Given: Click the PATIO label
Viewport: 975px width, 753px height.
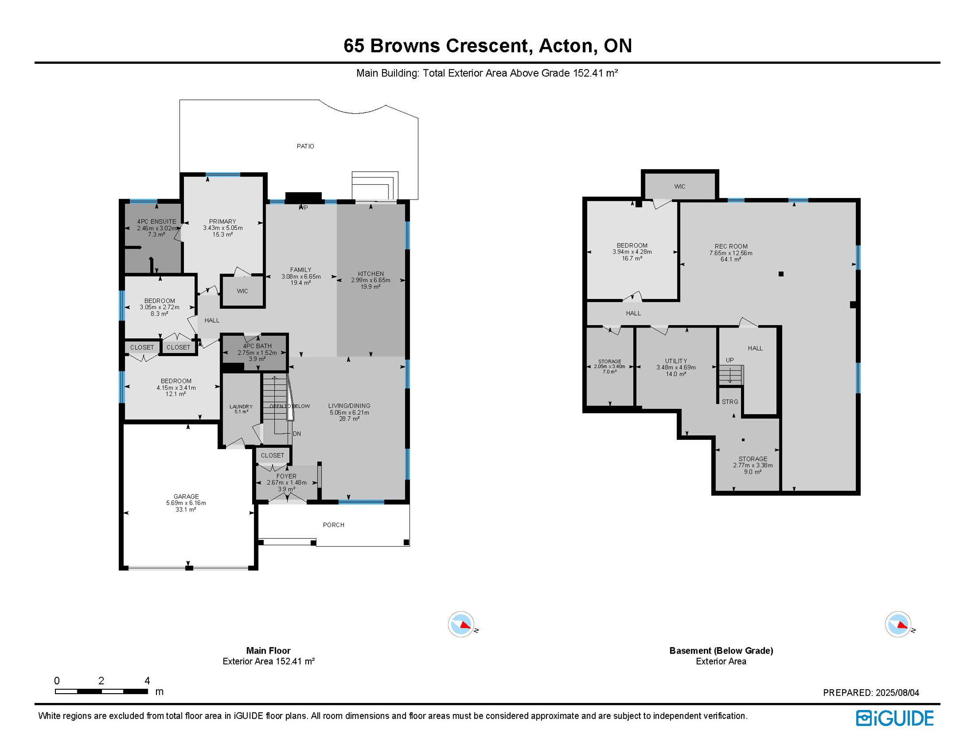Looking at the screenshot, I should click(305, 146).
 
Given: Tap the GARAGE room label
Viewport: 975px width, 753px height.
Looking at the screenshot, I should click(186, 497).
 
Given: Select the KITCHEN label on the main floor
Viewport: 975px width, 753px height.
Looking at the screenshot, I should click(371, 274).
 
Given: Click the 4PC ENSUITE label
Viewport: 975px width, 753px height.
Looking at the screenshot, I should click(156, 222).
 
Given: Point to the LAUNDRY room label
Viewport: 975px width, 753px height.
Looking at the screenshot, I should click(241, 406).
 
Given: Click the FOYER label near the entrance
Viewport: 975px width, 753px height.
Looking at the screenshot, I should click(286, 476).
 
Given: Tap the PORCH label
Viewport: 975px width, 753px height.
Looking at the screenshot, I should click(334, 525).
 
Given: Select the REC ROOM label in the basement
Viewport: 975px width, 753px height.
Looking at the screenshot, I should click(731, 247).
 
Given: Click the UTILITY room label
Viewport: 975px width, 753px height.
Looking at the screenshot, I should click(676, 361).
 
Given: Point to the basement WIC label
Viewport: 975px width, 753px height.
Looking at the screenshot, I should click(680, 186).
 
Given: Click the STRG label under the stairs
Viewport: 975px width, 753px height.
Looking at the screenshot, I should click(730, 402).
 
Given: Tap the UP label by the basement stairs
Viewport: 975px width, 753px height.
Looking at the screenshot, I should click(730, 360).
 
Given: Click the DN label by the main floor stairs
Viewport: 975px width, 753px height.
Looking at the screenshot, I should click(297, 434).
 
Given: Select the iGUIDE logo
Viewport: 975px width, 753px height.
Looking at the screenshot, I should click(895, 718).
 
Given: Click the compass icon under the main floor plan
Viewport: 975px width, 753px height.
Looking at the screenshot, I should click(461, 625).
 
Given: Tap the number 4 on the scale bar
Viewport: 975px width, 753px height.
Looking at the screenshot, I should click(147, 680).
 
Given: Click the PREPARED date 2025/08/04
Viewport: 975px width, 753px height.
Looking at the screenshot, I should click(898, 693).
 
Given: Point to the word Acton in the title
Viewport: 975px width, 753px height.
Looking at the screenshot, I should click(565, 46).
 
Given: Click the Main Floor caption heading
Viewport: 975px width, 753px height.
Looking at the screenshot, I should click(268, 651).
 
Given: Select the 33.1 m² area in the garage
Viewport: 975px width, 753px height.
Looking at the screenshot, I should click(186, 510).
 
